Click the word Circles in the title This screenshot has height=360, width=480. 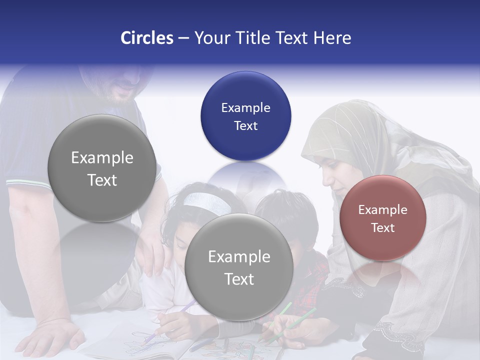point(147,38)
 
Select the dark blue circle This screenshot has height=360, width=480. point(245,116)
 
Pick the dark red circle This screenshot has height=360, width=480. point(382,218)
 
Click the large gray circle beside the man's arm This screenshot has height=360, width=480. point(102,168)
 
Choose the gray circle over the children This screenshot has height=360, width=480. point(238,267)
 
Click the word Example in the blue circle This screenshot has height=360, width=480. point(245,107)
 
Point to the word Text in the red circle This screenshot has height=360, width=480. point(382,227)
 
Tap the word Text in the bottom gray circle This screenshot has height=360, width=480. point(239,279)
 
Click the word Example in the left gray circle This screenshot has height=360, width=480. point(102,158)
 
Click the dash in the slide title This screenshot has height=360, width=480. point(183,38)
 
